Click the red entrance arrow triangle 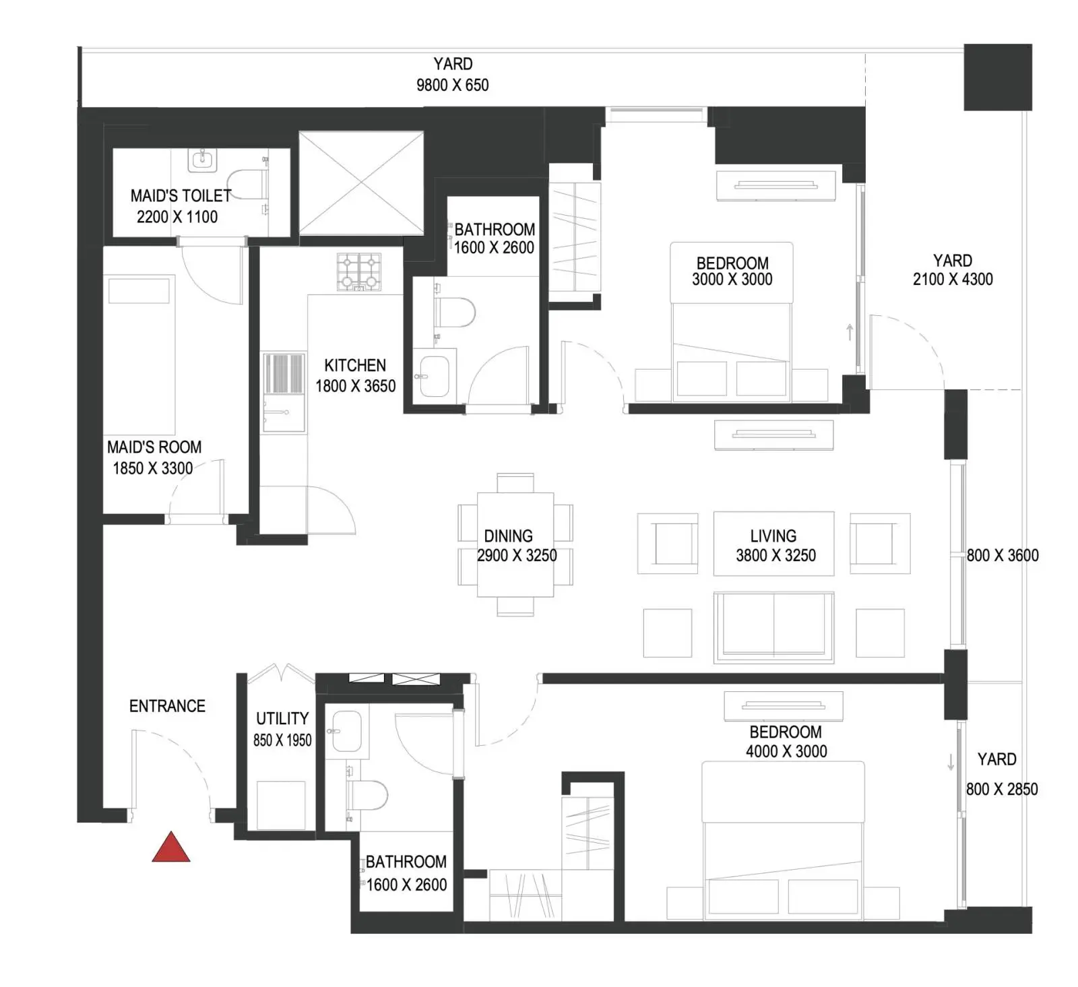tap(170, 848)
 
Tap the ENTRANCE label tap(167, 705)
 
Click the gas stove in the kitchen tap(358, 272)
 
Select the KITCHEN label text tap(355, 365)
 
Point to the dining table tap(515, 544)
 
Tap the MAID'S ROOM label tap(154, 447)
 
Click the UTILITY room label tap(282, 718)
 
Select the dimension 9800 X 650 tap(452, 85)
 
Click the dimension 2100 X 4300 tap(953, 279)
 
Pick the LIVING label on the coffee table tap(773, 536)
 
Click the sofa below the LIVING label tap(773, 627)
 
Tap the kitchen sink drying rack tap(283, 373)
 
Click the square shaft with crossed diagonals tap(361, 183)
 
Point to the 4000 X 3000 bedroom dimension tap(786, 751)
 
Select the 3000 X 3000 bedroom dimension tap(732, 279)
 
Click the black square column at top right tap(997, 77)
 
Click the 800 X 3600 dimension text tap(1003, 555)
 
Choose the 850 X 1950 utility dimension tap(282, 740)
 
